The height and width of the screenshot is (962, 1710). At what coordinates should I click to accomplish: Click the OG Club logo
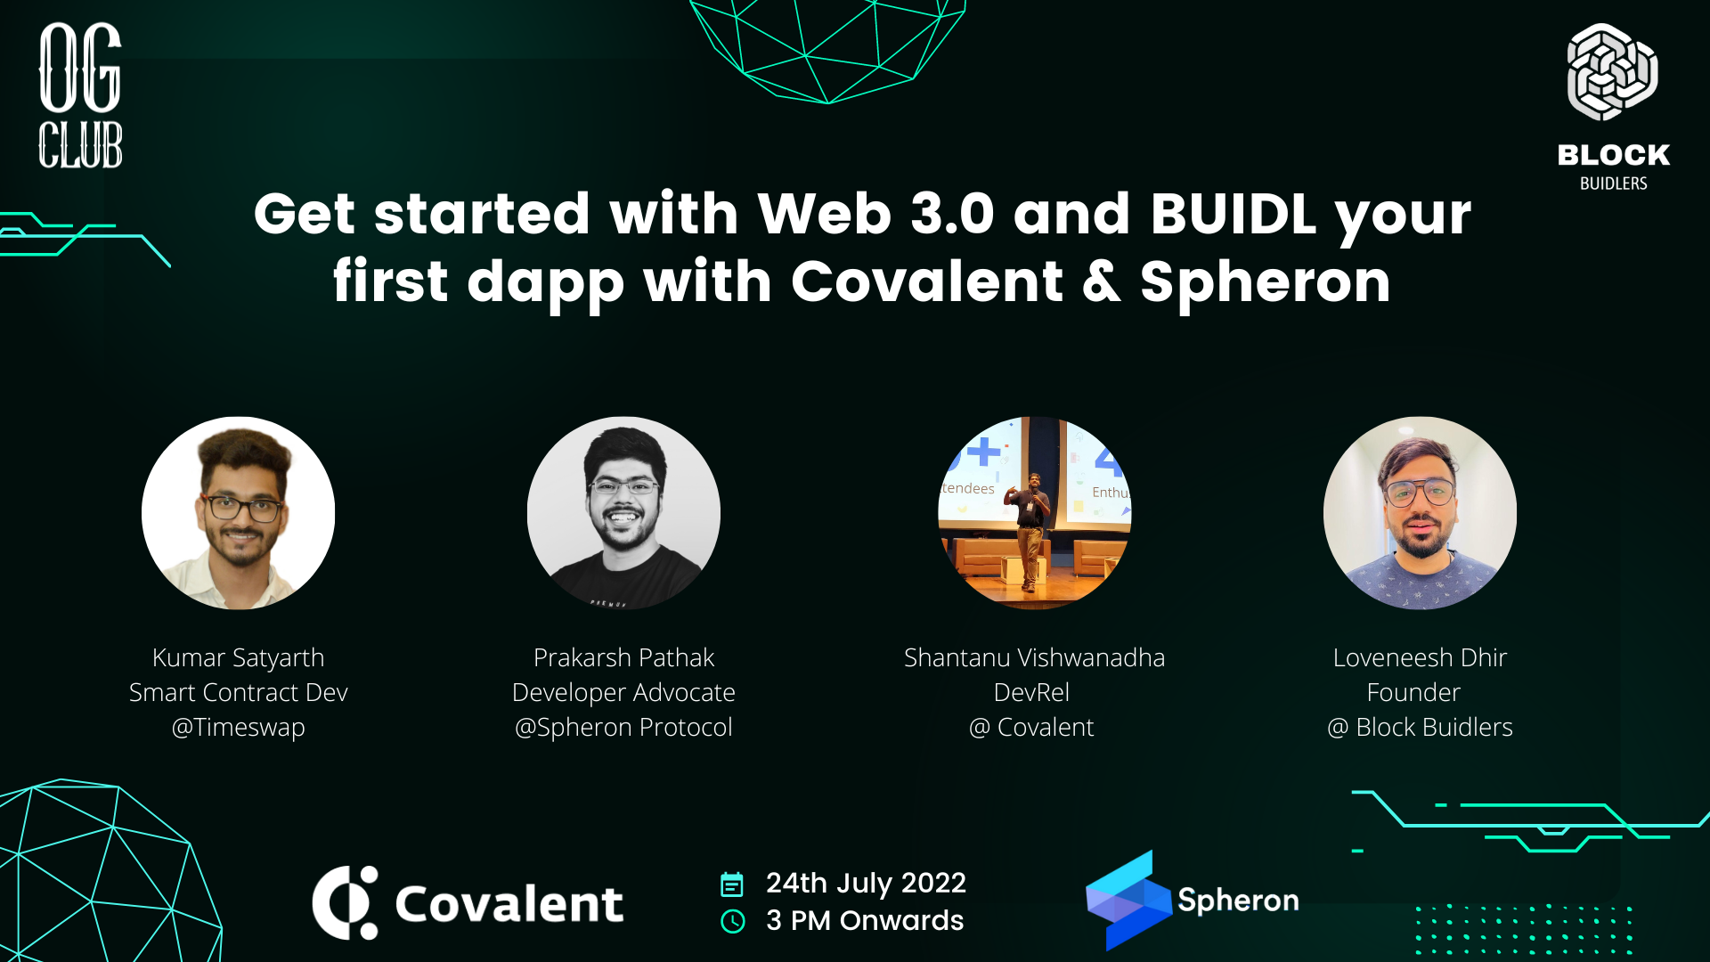pyautogui.click(x=80, y=95)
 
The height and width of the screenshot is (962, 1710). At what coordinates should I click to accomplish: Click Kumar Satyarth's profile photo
pyautogui.click(x=239, y=513)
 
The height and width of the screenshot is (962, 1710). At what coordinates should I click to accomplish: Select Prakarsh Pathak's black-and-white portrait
pyautogui.click(x=623, y=513)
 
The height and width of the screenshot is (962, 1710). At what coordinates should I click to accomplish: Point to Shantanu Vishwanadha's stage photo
pyautogui.click(x=1034, y=513)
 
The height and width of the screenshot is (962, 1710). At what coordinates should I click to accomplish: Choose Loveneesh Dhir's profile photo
pyautogui.click(x=1420, y=513)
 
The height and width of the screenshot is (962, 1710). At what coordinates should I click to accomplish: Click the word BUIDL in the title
pyautogui.click(x=1233, y=214)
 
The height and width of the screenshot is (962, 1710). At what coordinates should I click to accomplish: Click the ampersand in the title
pyautogui.click(x=1102, y=281)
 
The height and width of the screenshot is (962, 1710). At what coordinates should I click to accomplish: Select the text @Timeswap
pyautogui.click(x=239, y=727)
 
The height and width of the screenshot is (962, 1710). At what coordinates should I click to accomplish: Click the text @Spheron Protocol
pyautogui.click(x=623, y=727)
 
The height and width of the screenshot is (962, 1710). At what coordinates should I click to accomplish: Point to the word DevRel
pyautogui.click(x=1031, y=692)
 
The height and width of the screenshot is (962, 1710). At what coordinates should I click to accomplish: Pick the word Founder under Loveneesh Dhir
pyautogui.click(x=1413, y=692)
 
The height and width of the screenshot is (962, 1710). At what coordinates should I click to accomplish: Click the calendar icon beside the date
pyautogui.click(x=731, y=885)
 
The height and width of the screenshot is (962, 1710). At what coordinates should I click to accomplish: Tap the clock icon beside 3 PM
pyautogui.click(x=732, y=921)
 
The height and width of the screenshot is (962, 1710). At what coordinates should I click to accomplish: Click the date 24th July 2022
pyautogui.click(x=866, y=883)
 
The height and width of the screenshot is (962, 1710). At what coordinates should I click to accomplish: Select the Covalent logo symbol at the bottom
pyautogui.click(x=346, y=902)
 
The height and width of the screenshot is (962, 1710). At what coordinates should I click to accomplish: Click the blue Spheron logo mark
pyautogui.click(x=1128, y=900)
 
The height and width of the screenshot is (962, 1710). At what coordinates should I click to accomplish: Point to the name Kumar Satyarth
pyautogui.click(x=239, y=657)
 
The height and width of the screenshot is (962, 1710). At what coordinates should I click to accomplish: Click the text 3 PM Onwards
pyautogui.click(x=865, y=920)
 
